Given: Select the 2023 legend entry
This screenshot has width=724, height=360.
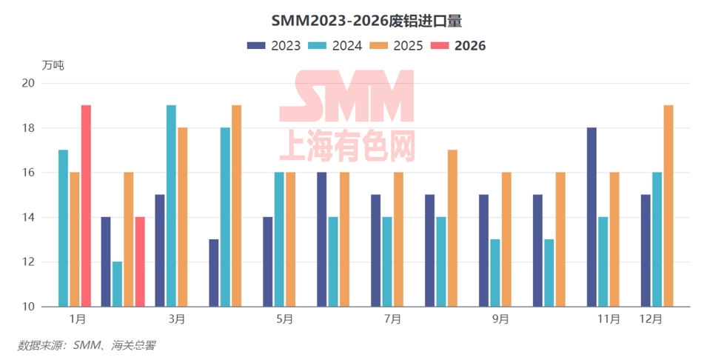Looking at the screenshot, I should coord(274,45).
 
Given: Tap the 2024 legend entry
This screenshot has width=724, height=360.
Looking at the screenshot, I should coord(335,45).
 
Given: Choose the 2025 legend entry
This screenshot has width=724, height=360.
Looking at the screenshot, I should coord(397,45).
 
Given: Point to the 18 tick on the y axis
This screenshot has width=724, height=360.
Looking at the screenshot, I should coord(27,128).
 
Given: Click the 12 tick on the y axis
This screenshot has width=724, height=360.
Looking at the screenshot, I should coord(27,262).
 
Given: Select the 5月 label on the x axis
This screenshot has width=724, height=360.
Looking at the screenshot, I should coord(285,319).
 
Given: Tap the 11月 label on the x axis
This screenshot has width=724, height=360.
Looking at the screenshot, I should coord(609,319).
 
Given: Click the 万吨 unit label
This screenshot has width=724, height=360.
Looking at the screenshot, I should coord(53,65).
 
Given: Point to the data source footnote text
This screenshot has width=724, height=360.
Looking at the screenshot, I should coord(87,345).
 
